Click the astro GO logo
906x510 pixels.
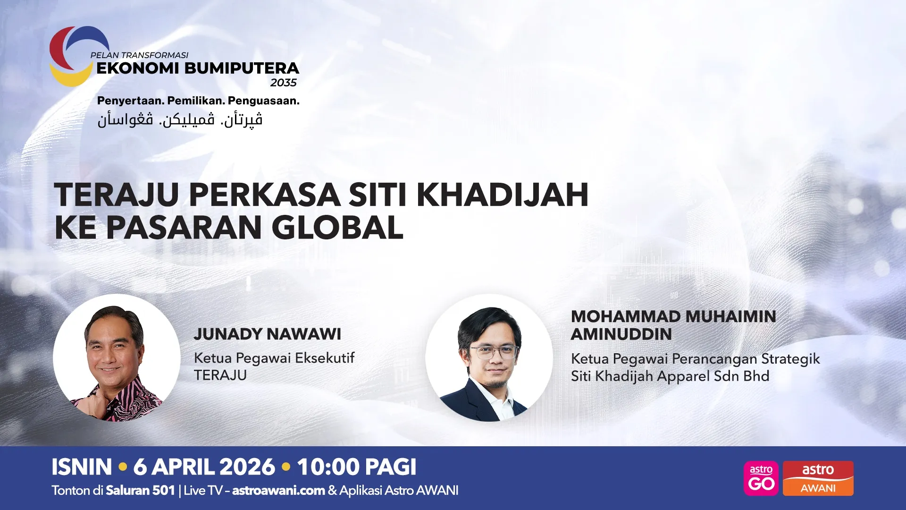761,478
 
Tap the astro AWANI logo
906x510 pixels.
818,478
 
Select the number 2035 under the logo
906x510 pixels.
283,83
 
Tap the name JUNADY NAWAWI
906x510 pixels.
267,334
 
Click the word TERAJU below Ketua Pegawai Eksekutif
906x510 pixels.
220,375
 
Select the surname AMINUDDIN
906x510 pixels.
621,334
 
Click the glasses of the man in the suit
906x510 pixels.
494,352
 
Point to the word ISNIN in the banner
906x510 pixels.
82,467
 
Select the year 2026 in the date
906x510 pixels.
247,467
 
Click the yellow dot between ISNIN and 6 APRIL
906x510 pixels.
123,467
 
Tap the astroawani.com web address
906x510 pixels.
278,491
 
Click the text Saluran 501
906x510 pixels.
140,491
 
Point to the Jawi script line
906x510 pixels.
180,119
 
